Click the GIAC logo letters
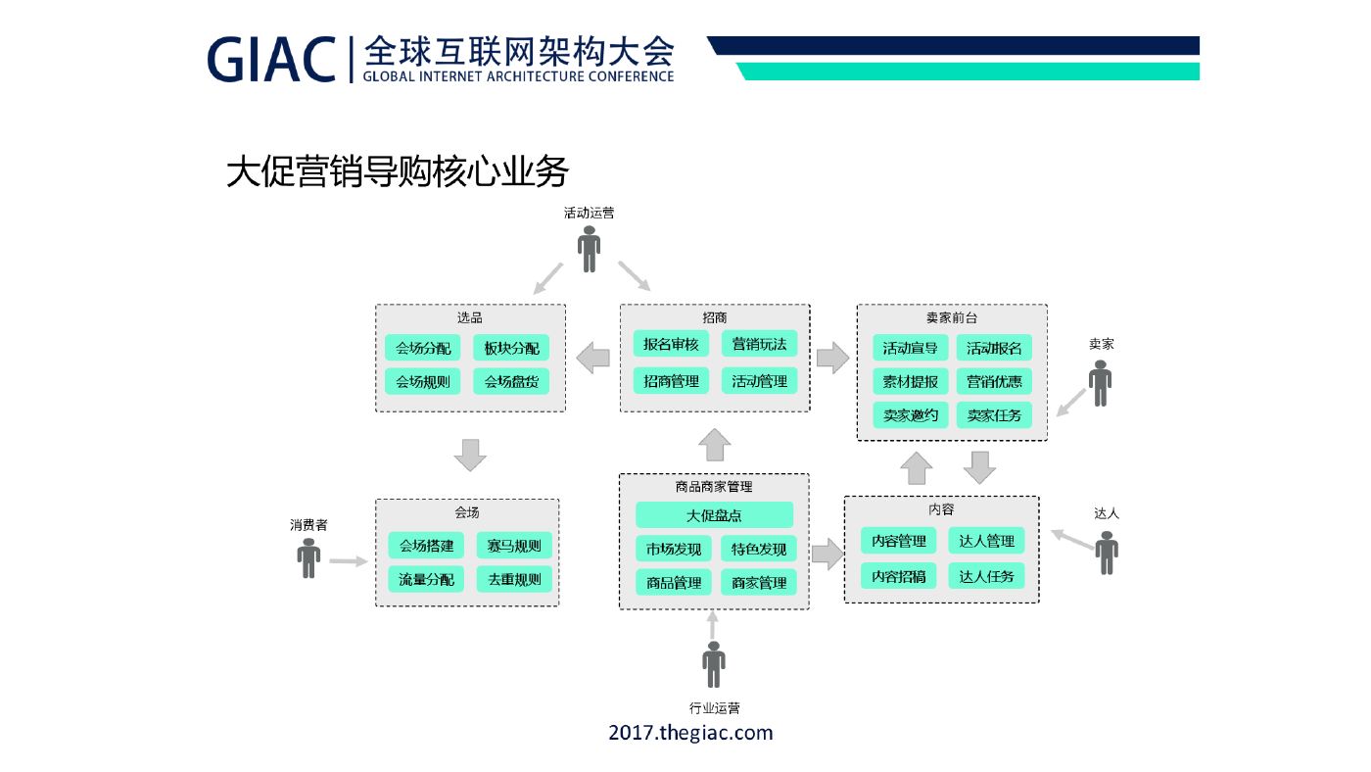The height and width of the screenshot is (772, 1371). point(271,60)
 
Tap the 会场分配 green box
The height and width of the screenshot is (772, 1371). point(422,348)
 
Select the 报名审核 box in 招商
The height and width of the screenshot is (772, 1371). point(671,344)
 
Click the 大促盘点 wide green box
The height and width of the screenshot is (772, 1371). point(714,515)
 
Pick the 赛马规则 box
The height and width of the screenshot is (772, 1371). point(514,546)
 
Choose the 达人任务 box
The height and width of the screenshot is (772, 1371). point(986,576)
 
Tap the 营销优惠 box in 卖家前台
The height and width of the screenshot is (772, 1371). point(994,381)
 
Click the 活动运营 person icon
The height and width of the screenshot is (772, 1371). point(589,249)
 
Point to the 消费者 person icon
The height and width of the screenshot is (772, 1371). point(308,558)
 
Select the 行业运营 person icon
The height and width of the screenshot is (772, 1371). point(714,664)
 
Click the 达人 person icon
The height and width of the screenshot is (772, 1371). point(1107,553)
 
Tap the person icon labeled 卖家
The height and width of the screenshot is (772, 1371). point(1100,383)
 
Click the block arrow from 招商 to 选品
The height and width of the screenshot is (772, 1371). point(593,358)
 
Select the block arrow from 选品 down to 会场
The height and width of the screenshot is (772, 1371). point(470,455)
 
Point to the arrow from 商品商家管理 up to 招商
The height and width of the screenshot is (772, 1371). point(714,445)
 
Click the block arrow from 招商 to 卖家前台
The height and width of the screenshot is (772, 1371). point(833,358)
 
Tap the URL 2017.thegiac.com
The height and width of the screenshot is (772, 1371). point(690,733)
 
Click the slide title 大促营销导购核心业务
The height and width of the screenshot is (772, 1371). point(398,171)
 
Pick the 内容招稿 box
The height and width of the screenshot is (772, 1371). point(899,576)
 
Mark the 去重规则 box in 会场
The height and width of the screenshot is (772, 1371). point(514,579)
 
